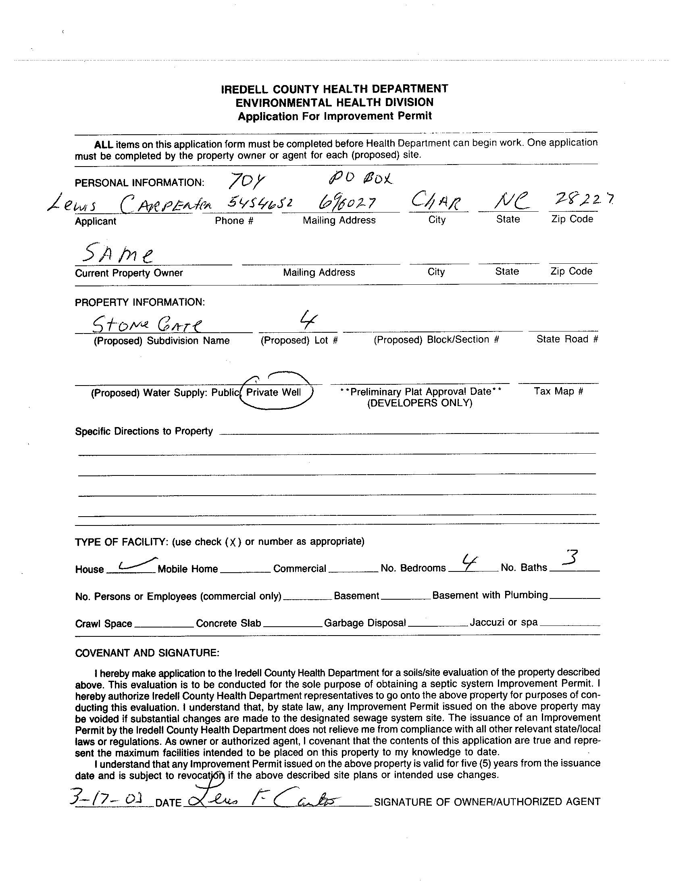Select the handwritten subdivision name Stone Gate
point(147,325)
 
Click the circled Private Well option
point(274,392)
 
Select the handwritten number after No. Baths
point(572,558)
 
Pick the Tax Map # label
point(558,391)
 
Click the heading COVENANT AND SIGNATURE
point(147,653)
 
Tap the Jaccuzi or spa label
point(503,622)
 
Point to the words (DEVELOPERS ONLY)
point(420,403)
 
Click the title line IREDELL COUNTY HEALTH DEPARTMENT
point(335,89)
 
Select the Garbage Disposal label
point(364,623)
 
